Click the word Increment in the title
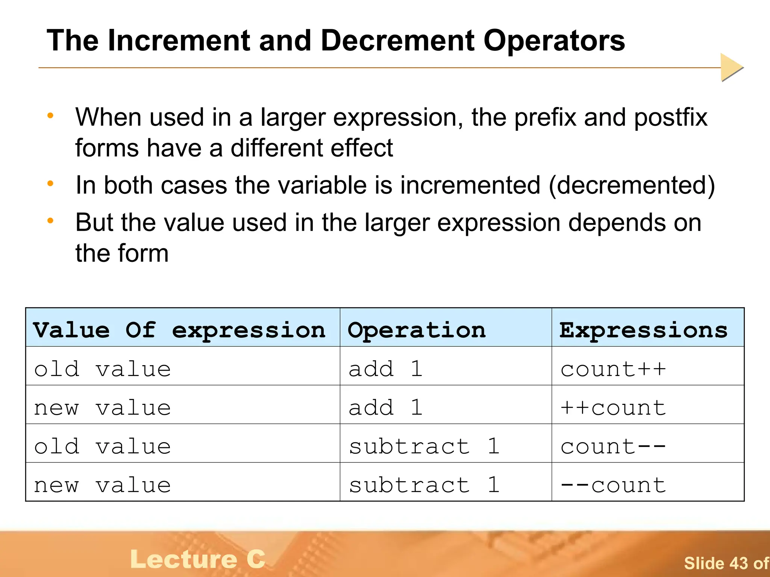(179, 41)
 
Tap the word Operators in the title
(554, 41)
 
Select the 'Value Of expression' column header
(179, 330)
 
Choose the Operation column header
(417, 330)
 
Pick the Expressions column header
(643, 330)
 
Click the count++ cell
(613, 369)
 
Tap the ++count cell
(613, 408)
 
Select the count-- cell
(613, 446)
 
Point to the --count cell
(613, 485)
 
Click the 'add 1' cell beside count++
(386, 369)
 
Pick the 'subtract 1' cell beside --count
(424, 485)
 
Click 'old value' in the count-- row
(102, 446)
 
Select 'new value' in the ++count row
(102, 408)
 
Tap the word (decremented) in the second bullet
(632, 186)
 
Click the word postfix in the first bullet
(671, 118)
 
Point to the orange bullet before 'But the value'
(50, 221)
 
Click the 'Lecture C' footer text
(198, 559)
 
